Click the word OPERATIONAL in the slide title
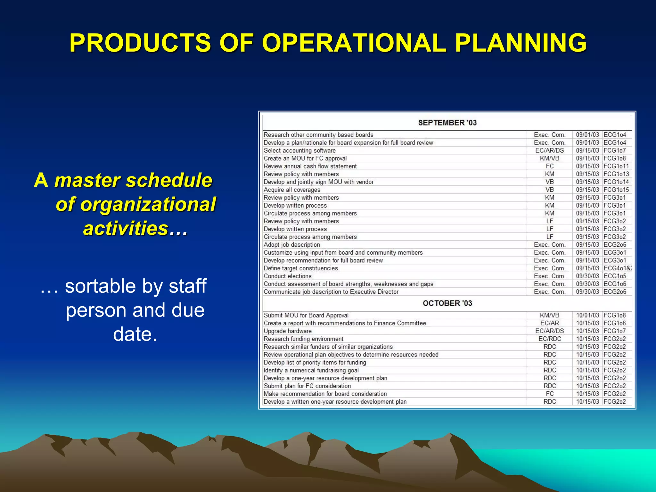pos(354,43)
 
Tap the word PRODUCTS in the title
pos(140,43)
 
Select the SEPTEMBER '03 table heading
pos(447,123)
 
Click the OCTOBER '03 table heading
pos(447,303)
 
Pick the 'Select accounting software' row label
pos(299,151)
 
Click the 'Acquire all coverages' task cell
pos(292,190)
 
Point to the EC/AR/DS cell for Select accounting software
pos(549,151)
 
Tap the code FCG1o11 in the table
pos(616,166)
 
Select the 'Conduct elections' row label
pos(287,276)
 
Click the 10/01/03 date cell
pos(587,316)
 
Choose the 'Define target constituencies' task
pos(300,268)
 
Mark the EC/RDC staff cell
pos(550,339)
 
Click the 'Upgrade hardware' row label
pos(287,331)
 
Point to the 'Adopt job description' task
pos(291,245)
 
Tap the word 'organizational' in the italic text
pos(136,204)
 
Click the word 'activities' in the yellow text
pos(126,228)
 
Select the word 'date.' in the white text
pos(135,334)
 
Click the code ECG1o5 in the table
pos(615,276)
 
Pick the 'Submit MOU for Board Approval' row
pos(306,316)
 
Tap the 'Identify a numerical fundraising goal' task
pos(311,370)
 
